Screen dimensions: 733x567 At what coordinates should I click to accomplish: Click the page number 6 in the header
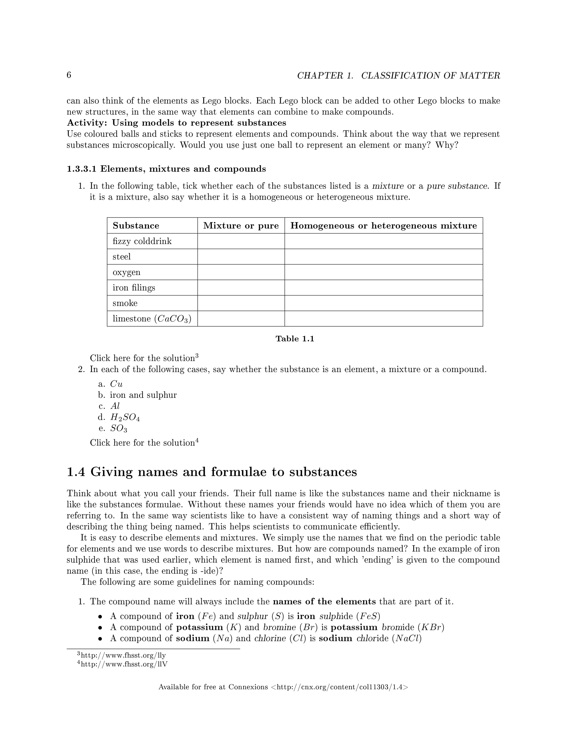point(69,75)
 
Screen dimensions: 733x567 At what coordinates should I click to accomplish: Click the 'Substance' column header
point(136,225)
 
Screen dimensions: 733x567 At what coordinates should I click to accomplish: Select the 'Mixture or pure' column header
point(241,225)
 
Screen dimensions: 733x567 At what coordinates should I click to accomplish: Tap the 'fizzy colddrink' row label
point(142,241)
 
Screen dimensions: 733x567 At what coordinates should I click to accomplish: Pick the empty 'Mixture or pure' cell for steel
point(241,257)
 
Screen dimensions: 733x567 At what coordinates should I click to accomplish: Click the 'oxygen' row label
point(126,272)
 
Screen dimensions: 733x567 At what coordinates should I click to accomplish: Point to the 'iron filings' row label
point(134,288)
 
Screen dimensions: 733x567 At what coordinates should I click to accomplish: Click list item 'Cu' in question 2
point(116,384)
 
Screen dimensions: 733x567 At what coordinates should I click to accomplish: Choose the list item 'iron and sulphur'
point(143,395)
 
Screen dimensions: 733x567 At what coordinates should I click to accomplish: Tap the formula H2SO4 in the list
point(125,417)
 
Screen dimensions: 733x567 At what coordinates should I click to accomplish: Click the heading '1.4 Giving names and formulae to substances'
point(212,472)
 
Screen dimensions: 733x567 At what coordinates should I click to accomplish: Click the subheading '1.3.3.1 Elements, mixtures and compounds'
point(166,169)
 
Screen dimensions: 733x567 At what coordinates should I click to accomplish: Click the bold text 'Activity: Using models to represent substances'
point(176,123)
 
